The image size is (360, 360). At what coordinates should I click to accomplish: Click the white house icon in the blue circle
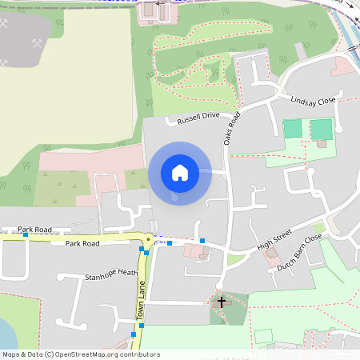[179, 172]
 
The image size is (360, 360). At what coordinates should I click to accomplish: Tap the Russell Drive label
[198, 118]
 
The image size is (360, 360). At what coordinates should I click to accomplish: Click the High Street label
[274, 240]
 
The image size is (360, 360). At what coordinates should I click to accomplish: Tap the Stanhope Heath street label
[111, 274]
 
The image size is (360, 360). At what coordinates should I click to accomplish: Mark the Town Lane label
[141, 305]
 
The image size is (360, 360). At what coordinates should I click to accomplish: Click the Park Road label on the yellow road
[82, 243]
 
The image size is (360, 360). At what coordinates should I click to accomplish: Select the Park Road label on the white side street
[34, 230]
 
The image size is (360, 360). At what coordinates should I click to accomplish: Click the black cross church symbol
[222, 302]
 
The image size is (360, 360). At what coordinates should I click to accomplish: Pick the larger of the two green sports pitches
[321, 129]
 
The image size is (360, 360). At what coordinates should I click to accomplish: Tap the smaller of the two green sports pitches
[293, 128]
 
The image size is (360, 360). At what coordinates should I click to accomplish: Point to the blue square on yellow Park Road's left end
[26, 234]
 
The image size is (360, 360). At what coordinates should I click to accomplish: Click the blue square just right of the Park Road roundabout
[170, 242]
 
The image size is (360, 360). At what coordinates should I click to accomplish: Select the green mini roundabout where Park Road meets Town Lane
[149, 239]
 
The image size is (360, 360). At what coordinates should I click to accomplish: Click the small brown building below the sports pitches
[321, 144]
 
